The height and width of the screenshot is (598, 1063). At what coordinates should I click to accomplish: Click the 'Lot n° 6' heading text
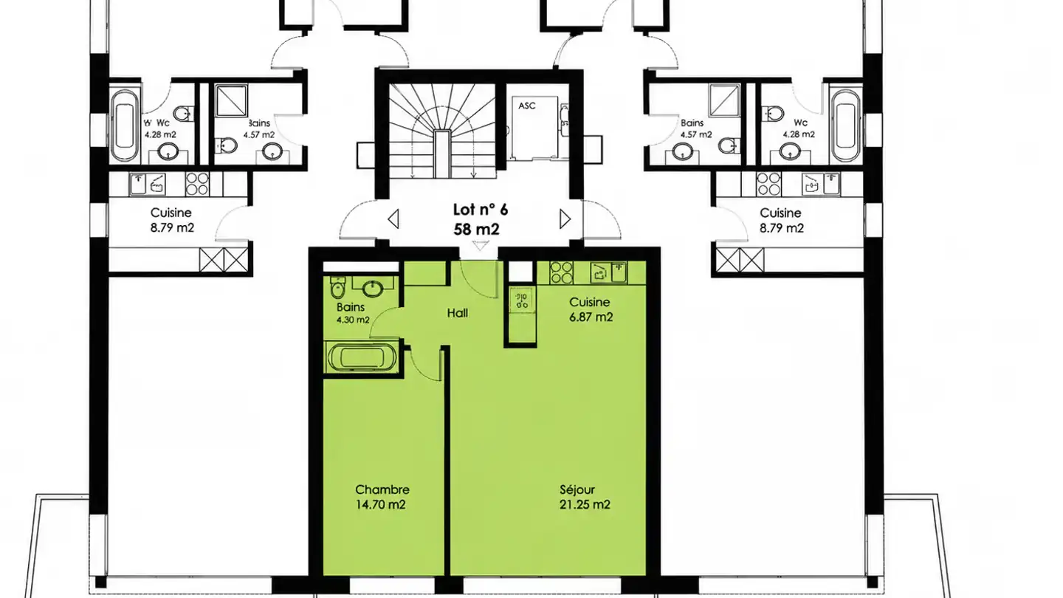coord(481,210)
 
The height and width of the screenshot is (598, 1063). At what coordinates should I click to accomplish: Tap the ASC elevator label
coord(527,106)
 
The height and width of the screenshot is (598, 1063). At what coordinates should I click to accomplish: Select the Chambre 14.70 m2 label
coord(382,497)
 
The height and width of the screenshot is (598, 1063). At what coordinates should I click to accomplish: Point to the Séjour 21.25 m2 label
coord(584,497)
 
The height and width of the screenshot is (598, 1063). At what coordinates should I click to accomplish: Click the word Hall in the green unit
coord(458,313)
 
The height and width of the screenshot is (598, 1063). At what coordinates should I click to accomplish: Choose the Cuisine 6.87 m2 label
coord(591,309)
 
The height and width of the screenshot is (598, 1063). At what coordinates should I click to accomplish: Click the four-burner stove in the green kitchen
coord(561,273)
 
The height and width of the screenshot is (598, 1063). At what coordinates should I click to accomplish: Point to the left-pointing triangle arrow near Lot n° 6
coord(393,219)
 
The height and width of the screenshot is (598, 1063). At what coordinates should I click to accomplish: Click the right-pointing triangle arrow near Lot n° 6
coord(565,219)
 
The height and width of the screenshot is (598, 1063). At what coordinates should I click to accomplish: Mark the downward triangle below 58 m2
coord(481,245)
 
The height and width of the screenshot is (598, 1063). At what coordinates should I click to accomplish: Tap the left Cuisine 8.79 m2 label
coord(172,220)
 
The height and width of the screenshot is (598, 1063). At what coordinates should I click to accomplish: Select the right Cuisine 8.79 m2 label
coord(781,221)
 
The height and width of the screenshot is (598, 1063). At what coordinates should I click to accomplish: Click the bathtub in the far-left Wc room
coord(125,126)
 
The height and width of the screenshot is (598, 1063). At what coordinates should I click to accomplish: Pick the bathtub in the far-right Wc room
coord(845,126)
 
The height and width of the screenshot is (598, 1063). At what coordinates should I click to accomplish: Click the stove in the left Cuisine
coord(197,184)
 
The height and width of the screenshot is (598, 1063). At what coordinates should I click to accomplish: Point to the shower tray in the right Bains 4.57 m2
coord(724,100)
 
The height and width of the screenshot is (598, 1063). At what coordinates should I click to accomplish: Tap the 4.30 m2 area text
coord(353,320)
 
